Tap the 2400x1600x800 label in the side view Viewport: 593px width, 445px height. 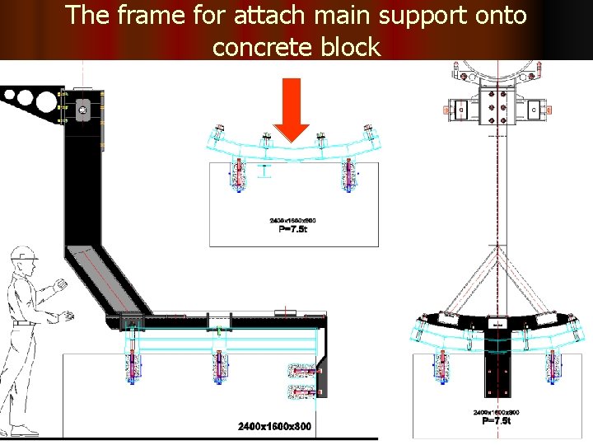[274, 426]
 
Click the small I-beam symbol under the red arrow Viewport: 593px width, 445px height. [264, 171]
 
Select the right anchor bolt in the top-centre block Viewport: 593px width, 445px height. [347, 176]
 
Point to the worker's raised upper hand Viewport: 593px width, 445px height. [58, 286]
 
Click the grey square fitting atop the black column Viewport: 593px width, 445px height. [82, 109]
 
